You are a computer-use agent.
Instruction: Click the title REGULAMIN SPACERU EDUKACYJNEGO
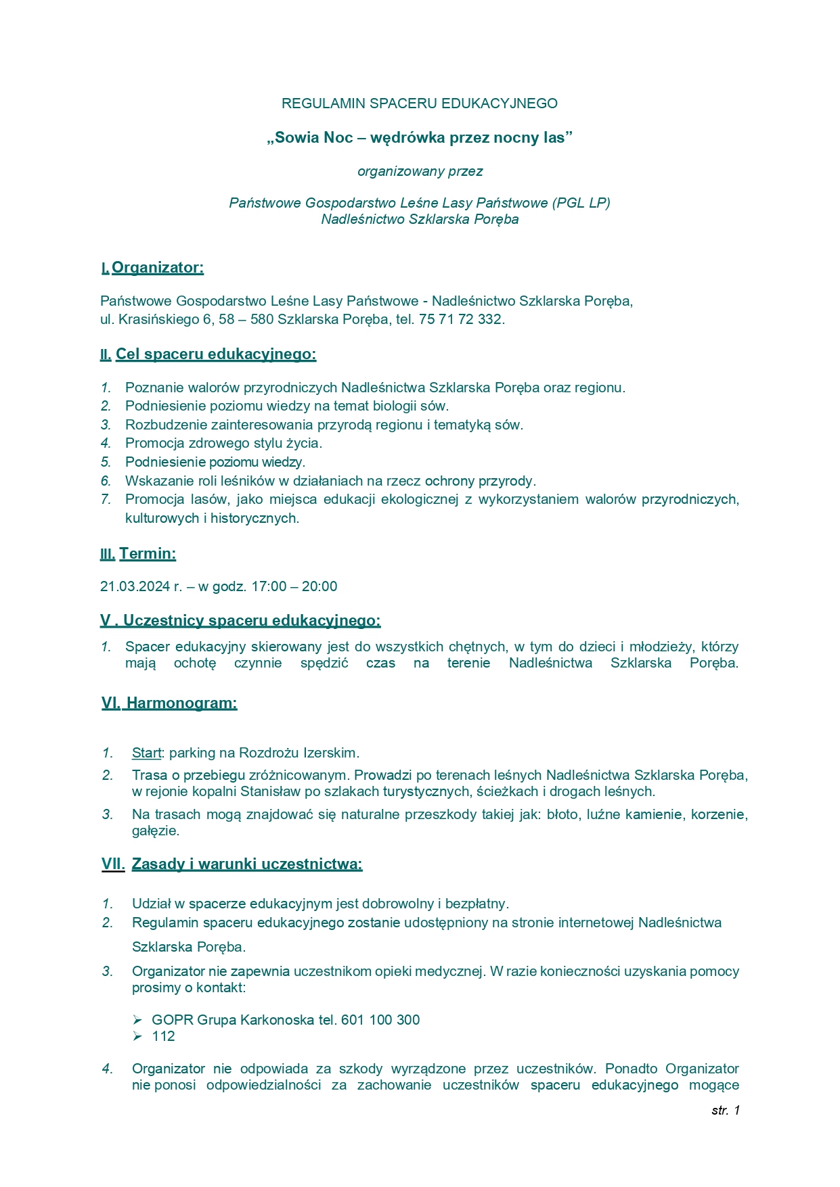pyautogui.click(x=420, y=103)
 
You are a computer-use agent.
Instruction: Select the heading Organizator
pyautogui.click(x=157, y=268)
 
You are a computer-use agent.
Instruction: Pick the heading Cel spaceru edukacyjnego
pyautogui.click(x=215, y=354)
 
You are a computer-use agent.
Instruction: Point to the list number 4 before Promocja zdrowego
pyautogui.click(x=106, y=444)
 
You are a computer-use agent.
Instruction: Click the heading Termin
pyautogui.click(x=148, y=554)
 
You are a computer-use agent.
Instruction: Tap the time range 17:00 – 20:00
pyautogui.click(x=294, y=586)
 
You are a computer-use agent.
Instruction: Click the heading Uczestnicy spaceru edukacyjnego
pyautogui.click(x=251, y=621)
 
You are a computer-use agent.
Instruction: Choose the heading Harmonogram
pyautogui.click(x=181, y=703)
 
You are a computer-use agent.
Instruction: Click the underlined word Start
pyautogui.click(x=146, y=753)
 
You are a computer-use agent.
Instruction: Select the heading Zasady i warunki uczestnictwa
pyautogui.click(x=247, y=864)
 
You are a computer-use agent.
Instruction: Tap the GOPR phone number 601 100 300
pyautogui.click(x=380, y=1020)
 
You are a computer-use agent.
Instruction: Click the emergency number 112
pyautogui.click(x=163, y=1037)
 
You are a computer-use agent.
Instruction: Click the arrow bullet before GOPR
pyautogui.click(x=137, y=1020)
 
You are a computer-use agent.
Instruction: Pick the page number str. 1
pyautogui.click(x=726, y=1110)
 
